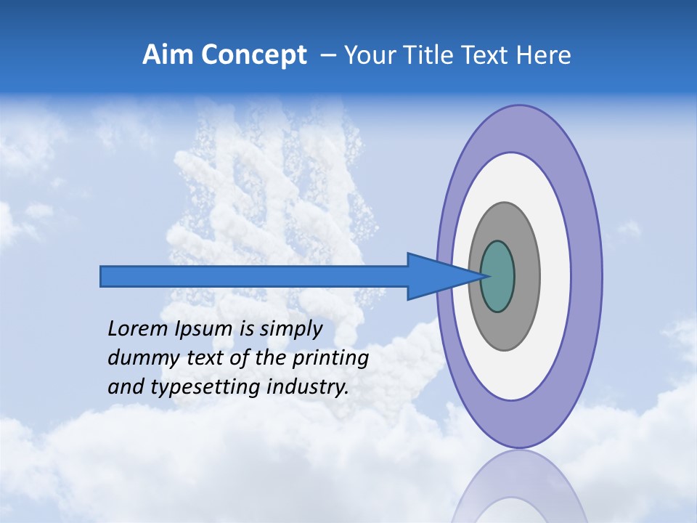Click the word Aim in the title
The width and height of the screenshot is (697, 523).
tap(168, 55)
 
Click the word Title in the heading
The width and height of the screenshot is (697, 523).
tap(440, 55)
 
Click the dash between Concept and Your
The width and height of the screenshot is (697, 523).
tap(327, 56)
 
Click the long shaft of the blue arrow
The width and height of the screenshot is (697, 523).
tap(254, 277)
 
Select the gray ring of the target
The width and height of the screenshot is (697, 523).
tap(526, 277)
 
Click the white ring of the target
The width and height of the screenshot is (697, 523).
tap(555, 277)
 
